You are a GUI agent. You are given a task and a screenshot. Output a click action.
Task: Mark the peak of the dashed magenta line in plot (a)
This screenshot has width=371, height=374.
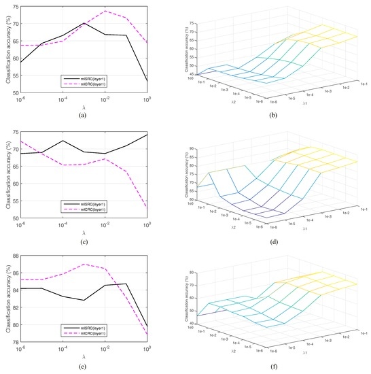point(105,11)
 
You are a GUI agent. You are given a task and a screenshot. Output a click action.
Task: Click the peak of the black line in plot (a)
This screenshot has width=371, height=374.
point(84,23)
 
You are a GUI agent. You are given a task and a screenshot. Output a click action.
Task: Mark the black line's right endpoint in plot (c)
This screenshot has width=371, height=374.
point(147,135)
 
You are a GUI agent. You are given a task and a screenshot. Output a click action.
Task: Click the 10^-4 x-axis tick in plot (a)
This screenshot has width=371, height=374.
point(63,102)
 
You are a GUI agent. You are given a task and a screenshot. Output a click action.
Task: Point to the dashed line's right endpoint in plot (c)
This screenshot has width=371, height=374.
point(147,207)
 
